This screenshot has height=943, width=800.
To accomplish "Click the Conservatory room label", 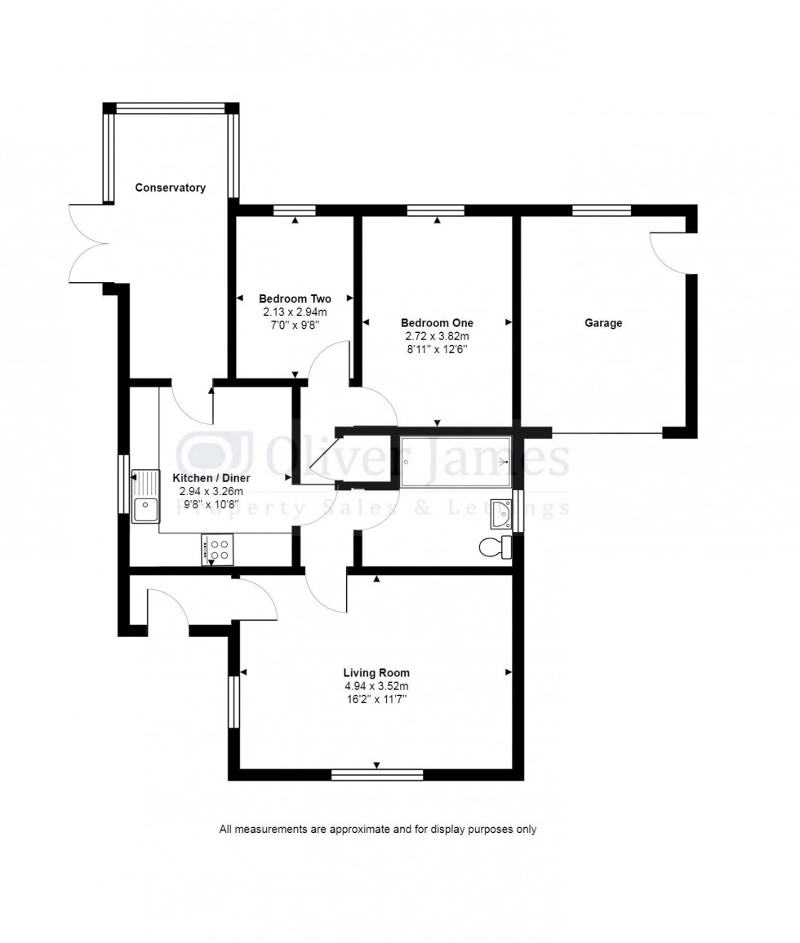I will pyautogui.click(x=170, y=188).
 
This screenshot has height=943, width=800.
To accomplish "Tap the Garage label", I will pyautogui.click(x=602, y=323).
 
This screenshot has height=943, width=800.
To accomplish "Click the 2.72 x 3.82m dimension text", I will pyautogui.click(x=437, y=336).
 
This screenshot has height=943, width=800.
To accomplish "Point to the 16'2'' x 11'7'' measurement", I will pyautogui.click(x=376, y=699).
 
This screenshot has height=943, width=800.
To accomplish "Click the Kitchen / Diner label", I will pyautogui.click(x=211, y=478).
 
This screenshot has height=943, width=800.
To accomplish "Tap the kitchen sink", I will pyautogui.click(x=146, y=497).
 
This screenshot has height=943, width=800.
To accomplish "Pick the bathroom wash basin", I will pyautogui.click(x=500, y=514).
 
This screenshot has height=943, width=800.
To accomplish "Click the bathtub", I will pyautogui.click(x=456, y=462).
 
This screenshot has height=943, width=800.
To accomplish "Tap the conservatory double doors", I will pyautogui.click(x=88, y=242).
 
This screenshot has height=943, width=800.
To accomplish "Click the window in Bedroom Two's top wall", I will pyautogui.click(x=295, y=210).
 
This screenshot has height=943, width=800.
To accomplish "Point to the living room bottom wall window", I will pyautogui.click(x=376, y=774).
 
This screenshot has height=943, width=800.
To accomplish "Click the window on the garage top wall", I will pyautogui.click(x=601, y=210).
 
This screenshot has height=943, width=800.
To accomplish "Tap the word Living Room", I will pyautogui.click(x=376, y=673).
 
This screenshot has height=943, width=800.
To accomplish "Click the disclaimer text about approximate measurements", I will pyautogui.click(x=377, y=830).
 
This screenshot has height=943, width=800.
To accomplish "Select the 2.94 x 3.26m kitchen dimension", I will pyautogui.click(x=211, y=491).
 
